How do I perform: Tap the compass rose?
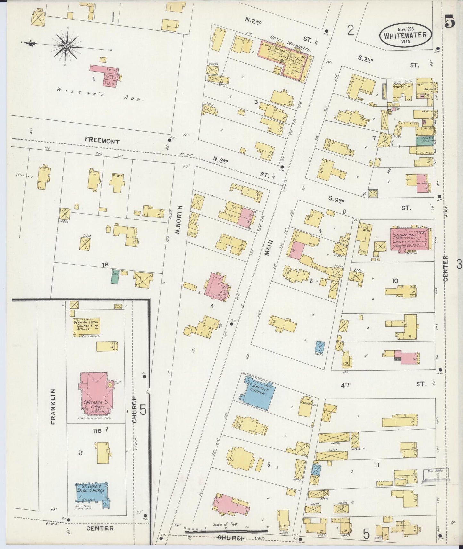(66, 47)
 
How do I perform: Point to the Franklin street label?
(53, 407)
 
